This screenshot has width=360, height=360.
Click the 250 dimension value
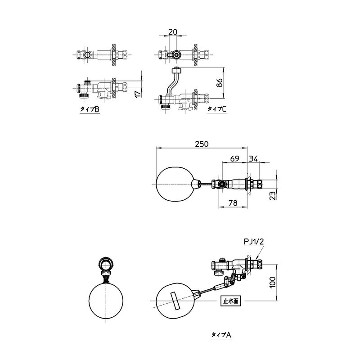pyautogui.click(x=202, y=144)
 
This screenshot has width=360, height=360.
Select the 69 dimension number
pyautogui.click(x=234, y=158)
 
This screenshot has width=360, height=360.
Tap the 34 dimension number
pyautogui.click(x=253, y=158)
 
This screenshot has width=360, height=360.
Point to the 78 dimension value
pyautogui.click(x=233, y=203)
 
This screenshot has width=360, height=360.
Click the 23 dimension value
pyautogui.click(x=272, y=196)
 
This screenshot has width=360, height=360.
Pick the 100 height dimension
pyautogui.click(x=272, y=282)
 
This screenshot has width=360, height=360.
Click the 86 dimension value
pyautogui.click(x=220, y=83)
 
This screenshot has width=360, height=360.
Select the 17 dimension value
pyautogui.click(x=137, y=94)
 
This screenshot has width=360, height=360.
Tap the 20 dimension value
pyautogui.click(x=173, y=31)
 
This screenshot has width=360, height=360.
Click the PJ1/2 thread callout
pyautogui.click(x=254, y=242)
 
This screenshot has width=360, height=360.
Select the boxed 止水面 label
pyautogui.click(x=231, y=301)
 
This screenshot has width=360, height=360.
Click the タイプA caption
pyautogui.click(x=221, y=335)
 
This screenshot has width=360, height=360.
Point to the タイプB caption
pyautogui.click(x=90, y=109)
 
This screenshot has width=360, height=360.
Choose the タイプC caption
pyautogui.click(x=217, y=109)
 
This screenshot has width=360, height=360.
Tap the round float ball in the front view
pyautogui.click(x=106, y=301)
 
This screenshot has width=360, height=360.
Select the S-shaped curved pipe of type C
pyautogui.click(x=173, y=82)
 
